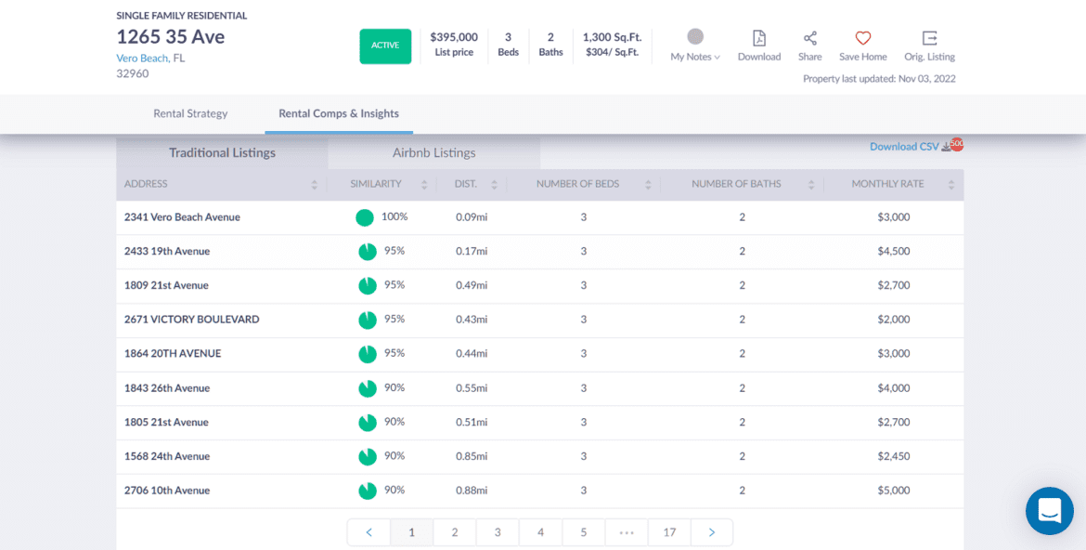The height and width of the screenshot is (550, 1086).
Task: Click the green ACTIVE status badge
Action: tap(385, 46)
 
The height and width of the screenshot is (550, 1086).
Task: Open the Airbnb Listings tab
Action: tap(433, 152)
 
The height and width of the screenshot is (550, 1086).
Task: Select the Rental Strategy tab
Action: tap(190, 113)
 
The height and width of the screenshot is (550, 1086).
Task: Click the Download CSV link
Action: tap(905, 147)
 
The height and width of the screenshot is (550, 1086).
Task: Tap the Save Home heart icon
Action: tap(863, 38)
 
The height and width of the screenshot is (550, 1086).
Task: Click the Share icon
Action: tap(810, 38)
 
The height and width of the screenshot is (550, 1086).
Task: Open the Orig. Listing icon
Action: tap(929, 38)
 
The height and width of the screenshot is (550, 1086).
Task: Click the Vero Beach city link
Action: tap(142, 58)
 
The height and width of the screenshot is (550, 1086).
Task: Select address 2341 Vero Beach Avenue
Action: tap(182, 217)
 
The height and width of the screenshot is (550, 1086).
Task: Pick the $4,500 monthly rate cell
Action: tap(893, 251)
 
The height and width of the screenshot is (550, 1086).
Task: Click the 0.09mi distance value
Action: tap(472, 217)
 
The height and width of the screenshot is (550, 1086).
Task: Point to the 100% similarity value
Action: tap(394, 216)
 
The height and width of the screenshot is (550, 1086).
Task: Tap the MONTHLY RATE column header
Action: tap(887, 184)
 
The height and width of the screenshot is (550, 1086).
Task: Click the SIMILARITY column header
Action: tap(376, 184)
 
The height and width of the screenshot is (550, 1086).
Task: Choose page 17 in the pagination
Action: tap(669, 532)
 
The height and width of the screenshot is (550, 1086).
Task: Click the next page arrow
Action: tap(712, 532)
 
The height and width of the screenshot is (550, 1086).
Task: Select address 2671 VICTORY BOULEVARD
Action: tap(192, 320)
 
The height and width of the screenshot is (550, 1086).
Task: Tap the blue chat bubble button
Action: tap(1050, 511)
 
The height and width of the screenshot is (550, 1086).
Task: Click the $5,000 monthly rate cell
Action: tap(893, 491)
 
